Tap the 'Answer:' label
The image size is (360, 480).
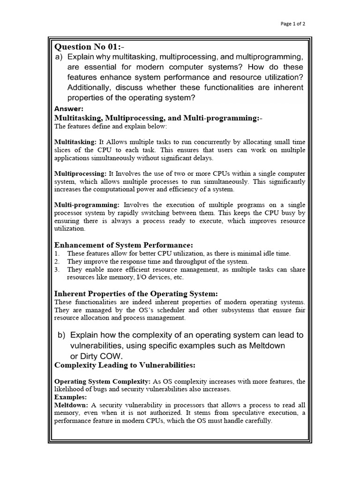pyautogui.click(x=69, y=109)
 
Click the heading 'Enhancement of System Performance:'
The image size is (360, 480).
pyautogui.click(x=124, y=245)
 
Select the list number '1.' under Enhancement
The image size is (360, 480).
pyautogui.click(x=57, y=254)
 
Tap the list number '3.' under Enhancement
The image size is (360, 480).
pyautogui.click(x=57, y=270)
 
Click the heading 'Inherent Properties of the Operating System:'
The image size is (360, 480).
pyautogui.click(x=136, y=293)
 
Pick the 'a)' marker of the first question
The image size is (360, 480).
pyautogui.click(x=60, y=57)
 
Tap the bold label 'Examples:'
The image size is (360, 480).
pyautogui.click(x=70, y=397)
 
